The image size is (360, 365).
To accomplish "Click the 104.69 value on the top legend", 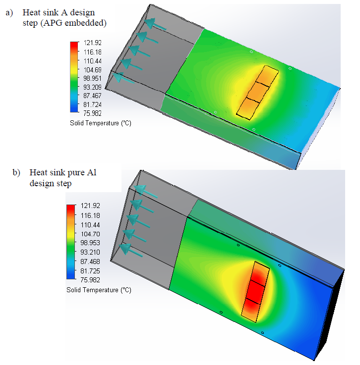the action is coord(92,70).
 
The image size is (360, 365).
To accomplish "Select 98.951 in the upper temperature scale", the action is coord(92,78).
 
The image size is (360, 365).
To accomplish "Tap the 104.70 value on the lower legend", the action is coord(90,234).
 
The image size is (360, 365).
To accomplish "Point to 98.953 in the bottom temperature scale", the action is coord(90,243).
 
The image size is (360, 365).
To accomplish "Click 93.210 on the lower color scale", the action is coord(90,252).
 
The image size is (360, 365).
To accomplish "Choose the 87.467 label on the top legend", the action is coord(92,96).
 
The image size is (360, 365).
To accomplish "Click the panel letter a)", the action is coord(9,12).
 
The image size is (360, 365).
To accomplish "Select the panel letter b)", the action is coord(16,173).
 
